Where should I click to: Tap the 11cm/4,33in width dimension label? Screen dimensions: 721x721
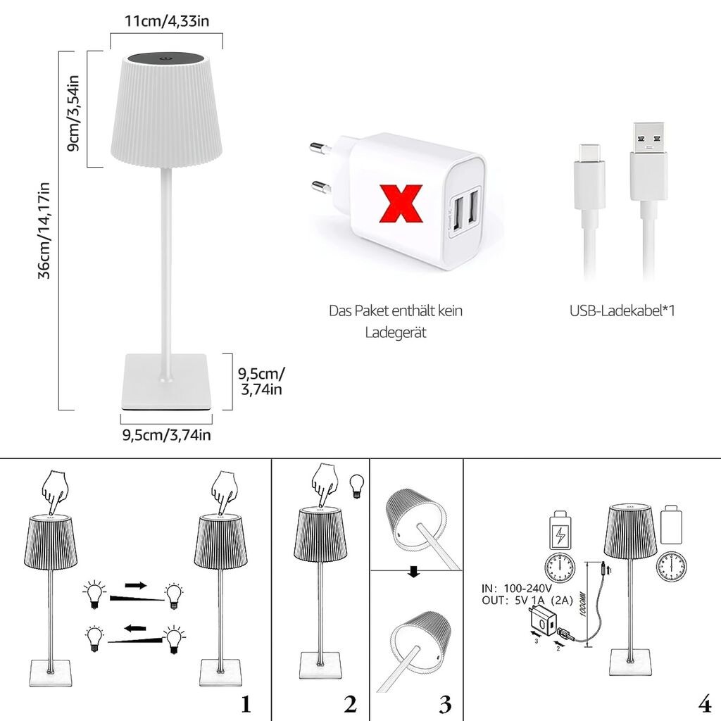pos(167,21)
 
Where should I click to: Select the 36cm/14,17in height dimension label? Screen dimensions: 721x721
pos(45,230)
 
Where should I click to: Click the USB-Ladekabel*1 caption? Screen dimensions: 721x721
pos(622,311)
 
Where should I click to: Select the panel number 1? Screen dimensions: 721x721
pos(246,702)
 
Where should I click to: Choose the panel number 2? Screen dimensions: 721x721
pos(350,702)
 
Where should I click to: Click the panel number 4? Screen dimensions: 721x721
pos(705,702)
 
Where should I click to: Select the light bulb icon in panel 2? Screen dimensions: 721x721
pos(356,486)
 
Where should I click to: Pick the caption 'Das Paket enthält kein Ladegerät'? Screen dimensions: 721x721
pos(396,321)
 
